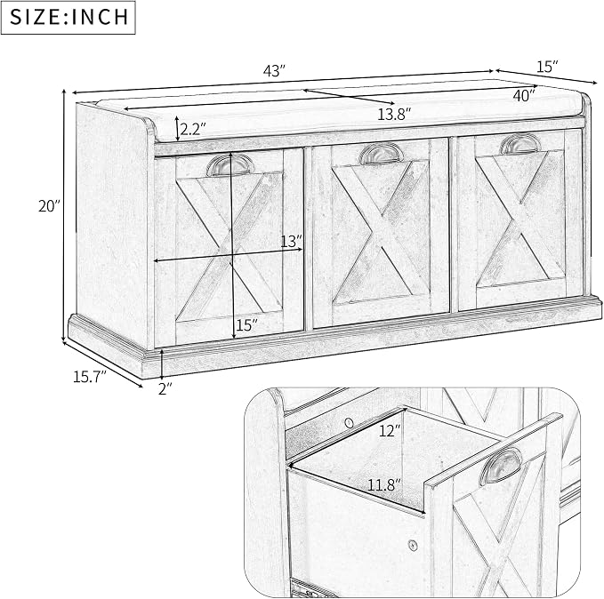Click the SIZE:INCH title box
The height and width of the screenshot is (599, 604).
coord(68,17)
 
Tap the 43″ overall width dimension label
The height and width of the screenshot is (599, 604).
coord(274,71)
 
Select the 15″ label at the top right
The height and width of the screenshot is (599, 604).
coord(547,67)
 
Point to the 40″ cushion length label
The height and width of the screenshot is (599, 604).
coord(524,95)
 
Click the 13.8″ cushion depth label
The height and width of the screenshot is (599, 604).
coord(394,114)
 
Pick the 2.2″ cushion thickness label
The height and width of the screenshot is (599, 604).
coord(193,130)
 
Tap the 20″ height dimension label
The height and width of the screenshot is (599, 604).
coord(50,206)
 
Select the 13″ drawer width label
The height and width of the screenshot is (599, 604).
coord(291,242)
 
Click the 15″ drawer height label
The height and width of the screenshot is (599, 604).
coord(246,325)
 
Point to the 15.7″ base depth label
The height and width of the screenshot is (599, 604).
coord(90,377)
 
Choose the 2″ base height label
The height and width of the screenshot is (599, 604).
coord(165,388)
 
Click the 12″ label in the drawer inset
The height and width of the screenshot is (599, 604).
coord(391,430)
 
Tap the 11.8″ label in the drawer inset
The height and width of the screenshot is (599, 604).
coord(384,484)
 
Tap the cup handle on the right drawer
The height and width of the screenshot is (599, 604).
coord(520,143)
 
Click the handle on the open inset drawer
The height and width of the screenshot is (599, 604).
coord(501,467)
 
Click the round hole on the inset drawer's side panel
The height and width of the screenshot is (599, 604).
coord(414,545)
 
